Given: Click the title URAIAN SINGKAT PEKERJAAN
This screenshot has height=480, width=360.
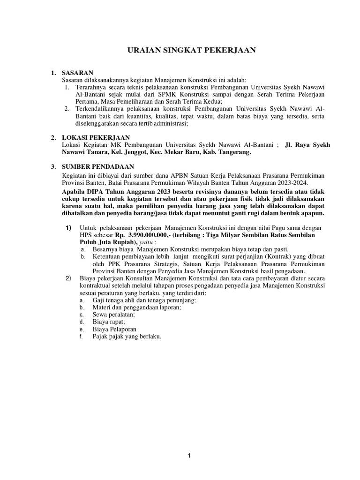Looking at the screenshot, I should (x=192, y=50).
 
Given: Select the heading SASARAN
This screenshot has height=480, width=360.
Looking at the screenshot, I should (x=78, y=73).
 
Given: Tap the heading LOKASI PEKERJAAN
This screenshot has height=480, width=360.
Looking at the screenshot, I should (x=91, y=137).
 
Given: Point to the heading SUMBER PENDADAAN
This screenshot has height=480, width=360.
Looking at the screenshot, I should (x=98, y=166).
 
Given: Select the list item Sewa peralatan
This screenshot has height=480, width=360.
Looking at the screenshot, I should (x=113, y=314).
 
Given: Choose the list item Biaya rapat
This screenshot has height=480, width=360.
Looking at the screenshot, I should (x=108, y=322).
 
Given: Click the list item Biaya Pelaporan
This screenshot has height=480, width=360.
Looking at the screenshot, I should (x=114, y=329).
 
